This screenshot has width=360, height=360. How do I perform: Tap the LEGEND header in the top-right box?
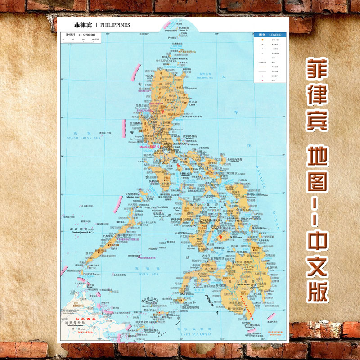click(275, 34)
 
